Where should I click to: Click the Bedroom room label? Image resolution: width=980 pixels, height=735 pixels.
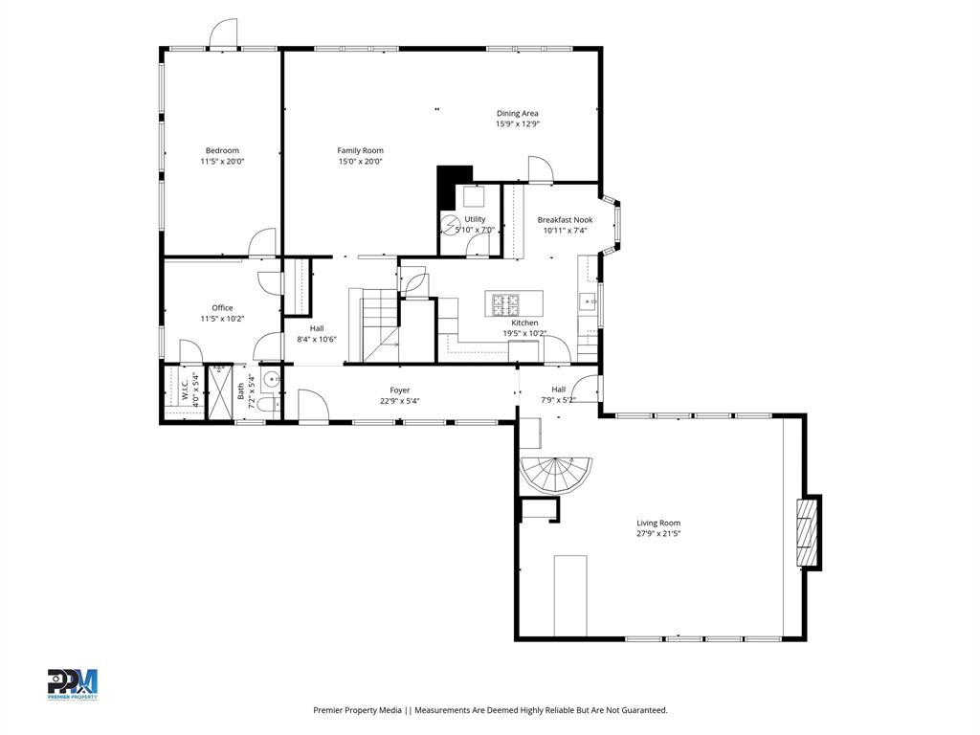click(222, 150)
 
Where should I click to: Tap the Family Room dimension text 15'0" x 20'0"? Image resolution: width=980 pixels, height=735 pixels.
click(360, 162)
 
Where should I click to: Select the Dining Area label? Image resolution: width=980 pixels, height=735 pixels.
click(517, 113)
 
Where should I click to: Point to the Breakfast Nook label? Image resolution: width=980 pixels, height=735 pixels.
click(565, 219)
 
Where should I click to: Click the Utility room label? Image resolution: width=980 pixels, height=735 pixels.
click(475, 219)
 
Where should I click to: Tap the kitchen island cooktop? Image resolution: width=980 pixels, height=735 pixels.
click(504, 304)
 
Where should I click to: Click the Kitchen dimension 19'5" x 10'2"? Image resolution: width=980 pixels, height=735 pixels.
click(524, 334)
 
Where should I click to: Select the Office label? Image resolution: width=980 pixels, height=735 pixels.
click(222, 307)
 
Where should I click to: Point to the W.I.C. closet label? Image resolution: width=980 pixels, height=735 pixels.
click(185, 390)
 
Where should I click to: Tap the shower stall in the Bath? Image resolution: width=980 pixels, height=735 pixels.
click(221, 390)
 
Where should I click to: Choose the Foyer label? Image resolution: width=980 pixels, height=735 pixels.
click(399, 390)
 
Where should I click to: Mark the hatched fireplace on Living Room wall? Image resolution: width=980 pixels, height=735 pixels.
click(810, 531)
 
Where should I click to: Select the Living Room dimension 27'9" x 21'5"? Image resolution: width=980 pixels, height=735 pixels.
click(658, 534)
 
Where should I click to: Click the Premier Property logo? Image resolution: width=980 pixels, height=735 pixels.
click(73, 684)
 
